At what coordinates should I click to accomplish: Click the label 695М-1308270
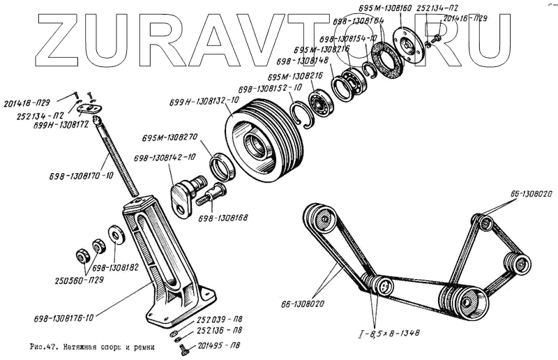[169, 137]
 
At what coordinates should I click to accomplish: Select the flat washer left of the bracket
[114, 234]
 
